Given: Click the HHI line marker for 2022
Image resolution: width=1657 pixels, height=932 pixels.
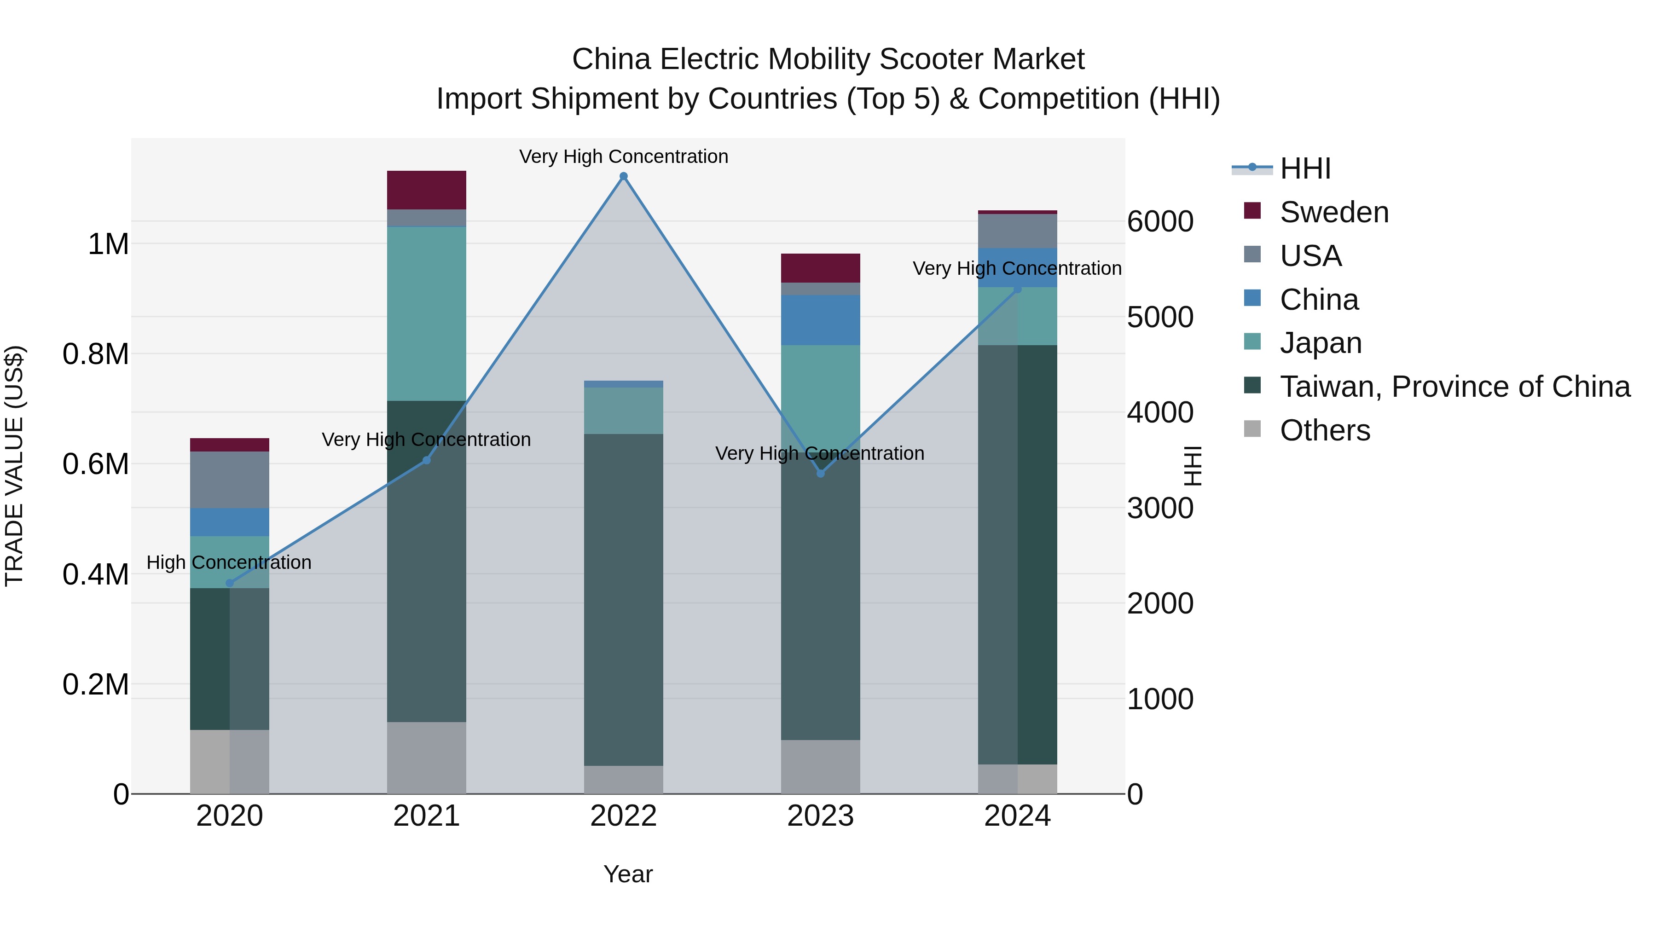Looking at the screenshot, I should [x=623, y=176].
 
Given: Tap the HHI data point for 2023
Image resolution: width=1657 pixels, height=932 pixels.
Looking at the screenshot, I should [x=820, y=474].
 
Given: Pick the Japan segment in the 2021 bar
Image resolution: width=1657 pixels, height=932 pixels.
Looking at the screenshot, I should [x=427, y=313].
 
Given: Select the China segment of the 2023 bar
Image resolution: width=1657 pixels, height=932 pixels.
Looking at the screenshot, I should [x=820, y=320].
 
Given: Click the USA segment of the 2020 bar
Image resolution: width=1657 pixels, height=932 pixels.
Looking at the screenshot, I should [x=230, y=480].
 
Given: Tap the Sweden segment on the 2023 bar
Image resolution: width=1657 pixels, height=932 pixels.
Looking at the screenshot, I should [x=820, y=267].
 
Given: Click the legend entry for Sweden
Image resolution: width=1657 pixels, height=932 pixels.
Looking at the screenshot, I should [x=1333, y=212].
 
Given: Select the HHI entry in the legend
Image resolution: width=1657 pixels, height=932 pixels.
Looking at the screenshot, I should [x=1304, y=168].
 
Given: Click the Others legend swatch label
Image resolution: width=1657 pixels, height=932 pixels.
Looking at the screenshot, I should [x=1324, y=430].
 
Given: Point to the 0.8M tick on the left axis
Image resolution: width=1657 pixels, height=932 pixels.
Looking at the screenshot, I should [x=95, y=354].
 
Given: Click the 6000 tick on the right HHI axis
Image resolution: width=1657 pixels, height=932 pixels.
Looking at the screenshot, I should [x=1160, y=221].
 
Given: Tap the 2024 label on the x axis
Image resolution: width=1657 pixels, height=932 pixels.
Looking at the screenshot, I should [x=1017, y=816].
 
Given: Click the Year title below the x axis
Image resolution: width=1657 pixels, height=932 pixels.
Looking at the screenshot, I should [x=628, y=874].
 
